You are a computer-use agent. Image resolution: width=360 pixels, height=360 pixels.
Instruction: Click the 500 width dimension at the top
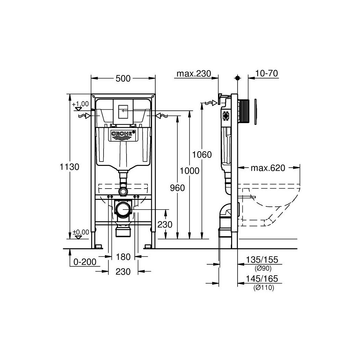coord(123,79)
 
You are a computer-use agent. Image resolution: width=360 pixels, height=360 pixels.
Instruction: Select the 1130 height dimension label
coord(69,167)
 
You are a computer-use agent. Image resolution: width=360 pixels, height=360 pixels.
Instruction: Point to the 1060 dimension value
coord(202,155)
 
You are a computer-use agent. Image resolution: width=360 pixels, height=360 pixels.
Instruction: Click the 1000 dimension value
coord(189,171)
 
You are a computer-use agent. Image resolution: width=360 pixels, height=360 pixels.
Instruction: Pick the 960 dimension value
coord(177,188)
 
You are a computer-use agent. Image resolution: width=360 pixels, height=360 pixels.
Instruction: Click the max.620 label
coord(268,168)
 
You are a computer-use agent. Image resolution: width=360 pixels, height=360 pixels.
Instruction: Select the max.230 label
coord(194,73)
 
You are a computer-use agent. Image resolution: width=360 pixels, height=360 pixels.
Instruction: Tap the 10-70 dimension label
coord(266,73)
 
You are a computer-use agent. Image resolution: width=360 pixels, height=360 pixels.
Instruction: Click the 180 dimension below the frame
coord(123,257)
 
